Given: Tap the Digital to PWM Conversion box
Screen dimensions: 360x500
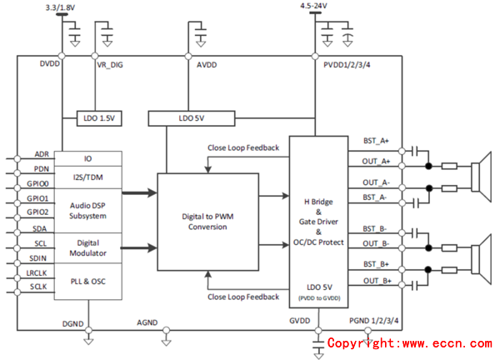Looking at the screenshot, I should [x=207, y=222].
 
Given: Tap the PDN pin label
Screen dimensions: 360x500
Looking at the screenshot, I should [x=42, y=168].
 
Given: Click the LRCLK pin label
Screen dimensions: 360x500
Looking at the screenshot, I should [x=38, y=272].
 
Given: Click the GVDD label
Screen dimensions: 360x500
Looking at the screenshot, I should [x=300, y=321].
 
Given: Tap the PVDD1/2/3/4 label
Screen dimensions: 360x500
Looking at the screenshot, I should [x=349, y=64].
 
